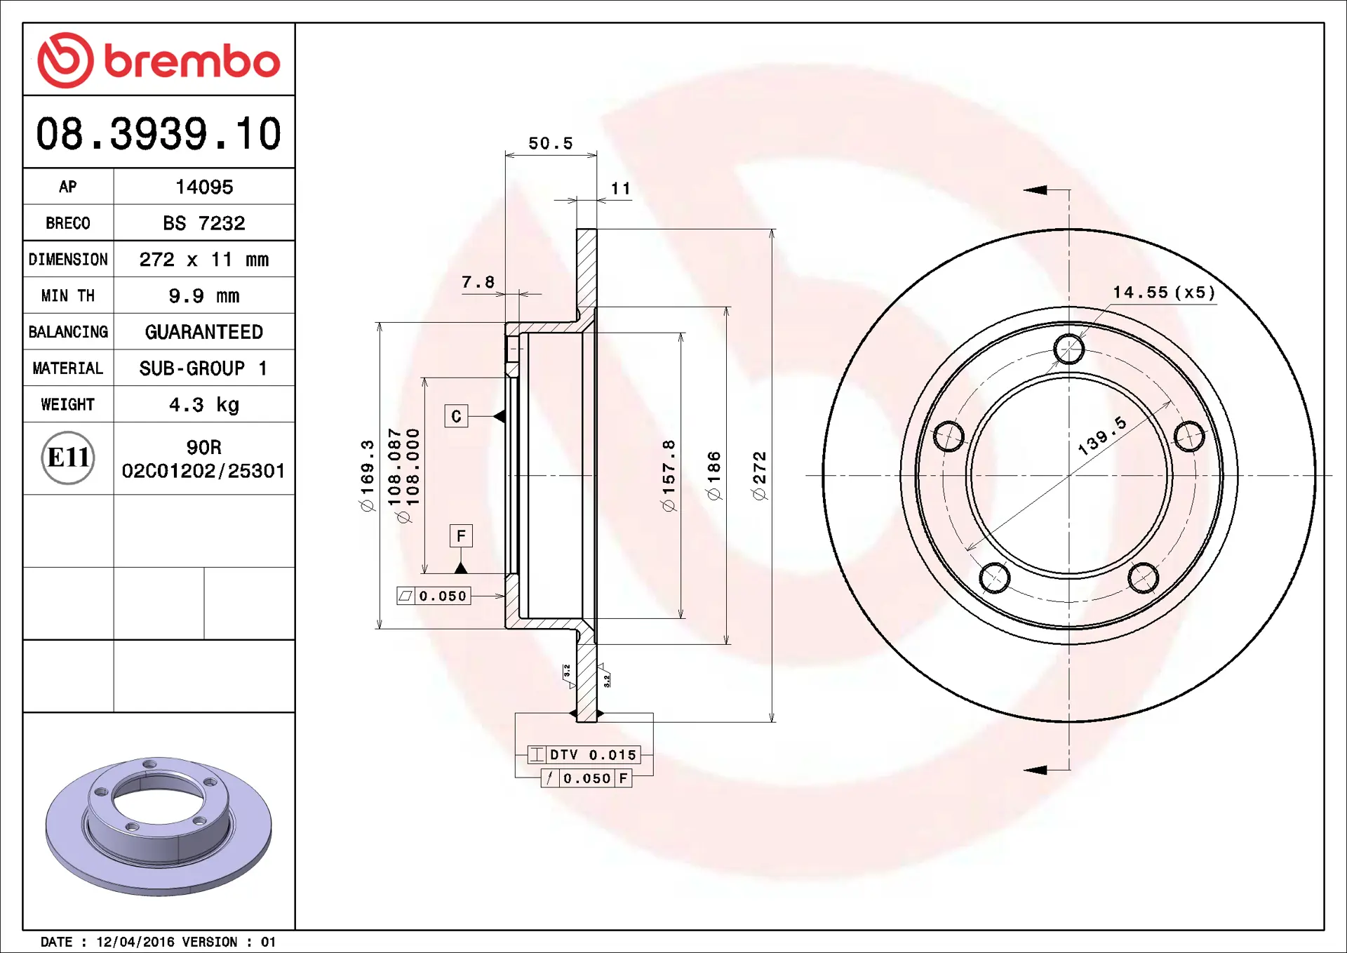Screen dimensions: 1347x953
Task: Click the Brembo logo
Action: [159, 60]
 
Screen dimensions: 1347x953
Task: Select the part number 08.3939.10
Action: [159, 133]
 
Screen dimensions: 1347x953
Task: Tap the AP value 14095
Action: [204, 187]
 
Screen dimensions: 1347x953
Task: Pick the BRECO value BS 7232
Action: [204, 223]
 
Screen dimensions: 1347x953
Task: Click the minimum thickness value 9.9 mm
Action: [204, 296]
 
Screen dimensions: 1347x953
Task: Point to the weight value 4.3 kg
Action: [204, 405]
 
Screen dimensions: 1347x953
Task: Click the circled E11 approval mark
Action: [68, 458]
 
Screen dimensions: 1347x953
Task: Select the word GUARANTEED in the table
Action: [204, 332]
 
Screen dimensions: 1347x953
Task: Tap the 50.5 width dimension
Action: [551, 143]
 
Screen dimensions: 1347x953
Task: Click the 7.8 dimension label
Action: [478, 282]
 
